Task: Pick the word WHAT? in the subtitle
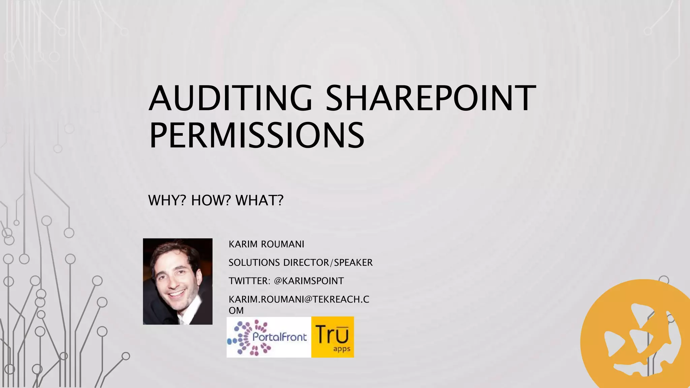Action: pos(259,200)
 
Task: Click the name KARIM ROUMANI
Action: pos(266,244)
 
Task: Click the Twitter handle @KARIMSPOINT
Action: pos(309,281)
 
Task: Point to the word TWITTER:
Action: pos(249,281)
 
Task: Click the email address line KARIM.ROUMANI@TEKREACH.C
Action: pos(299,299)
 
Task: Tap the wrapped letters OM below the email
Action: pos(236,311)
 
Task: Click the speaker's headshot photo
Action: pos(178,281)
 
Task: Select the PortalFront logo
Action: pos(269,337)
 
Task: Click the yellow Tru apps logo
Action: pos(333,337)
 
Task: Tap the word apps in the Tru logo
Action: pos(342,349)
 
